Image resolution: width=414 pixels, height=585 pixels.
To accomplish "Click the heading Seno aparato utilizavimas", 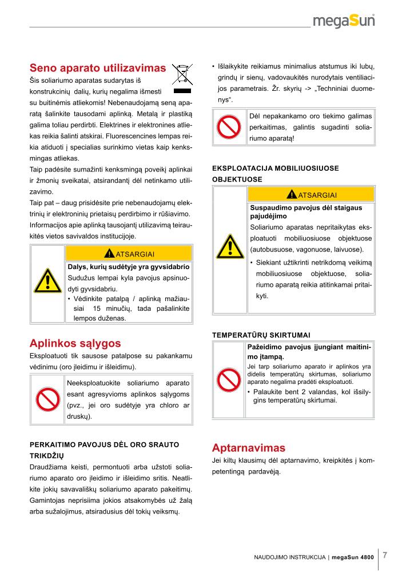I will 98,68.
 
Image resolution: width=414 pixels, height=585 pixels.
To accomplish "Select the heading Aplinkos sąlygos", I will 75,343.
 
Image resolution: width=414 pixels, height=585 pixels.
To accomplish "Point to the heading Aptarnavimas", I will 248,447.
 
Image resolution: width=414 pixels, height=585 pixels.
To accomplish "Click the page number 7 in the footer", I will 385,555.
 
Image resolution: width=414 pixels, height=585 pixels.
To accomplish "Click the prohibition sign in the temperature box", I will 230,376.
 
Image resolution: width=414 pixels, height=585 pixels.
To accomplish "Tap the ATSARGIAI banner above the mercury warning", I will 129,253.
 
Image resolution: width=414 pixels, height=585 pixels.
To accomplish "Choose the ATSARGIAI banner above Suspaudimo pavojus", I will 312,194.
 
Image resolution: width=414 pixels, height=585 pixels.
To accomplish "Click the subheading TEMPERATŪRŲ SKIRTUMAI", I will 261,335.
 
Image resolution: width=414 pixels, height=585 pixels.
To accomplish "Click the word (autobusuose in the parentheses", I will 273,250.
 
